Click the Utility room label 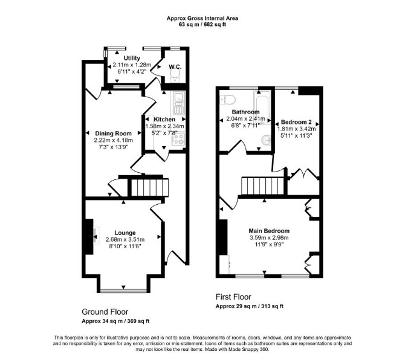point(132,58)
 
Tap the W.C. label point(175,67)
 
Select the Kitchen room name point(164,120)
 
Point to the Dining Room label point(114,133)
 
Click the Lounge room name point(125,233)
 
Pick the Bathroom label point(245,112)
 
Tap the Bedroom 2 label point(296,122)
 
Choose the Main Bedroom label point(269,231)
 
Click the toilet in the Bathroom point(227,99)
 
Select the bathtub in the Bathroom point(263,108)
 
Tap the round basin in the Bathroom point(266,140)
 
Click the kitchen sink point(178,103)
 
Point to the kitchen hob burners point(178,140)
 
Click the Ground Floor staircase point(150,187)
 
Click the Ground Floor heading point(105,312)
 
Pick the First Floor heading point(233,297)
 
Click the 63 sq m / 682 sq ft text point(202,25)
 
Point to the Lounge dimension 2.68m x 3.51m point(125,240)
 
